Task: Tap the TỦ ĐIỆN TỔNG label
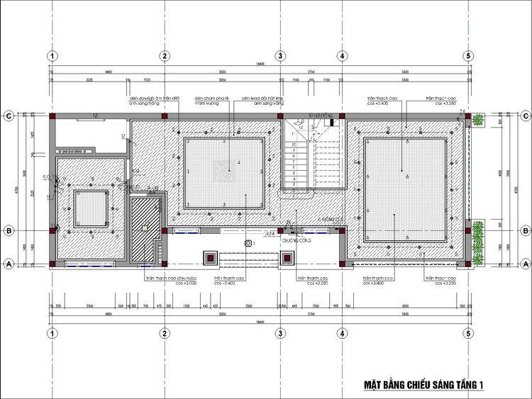320,113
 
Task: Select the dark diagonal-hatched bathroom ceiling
145,228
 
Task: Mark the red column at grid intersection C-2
164,116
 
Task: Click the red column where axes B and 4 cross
341,230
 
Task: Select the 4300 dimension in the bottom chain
404,305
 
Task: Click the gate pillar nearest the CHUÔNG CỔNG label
287,258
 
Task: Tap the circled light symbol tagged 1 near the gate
248,243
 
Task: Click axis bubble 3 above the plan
280,56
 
